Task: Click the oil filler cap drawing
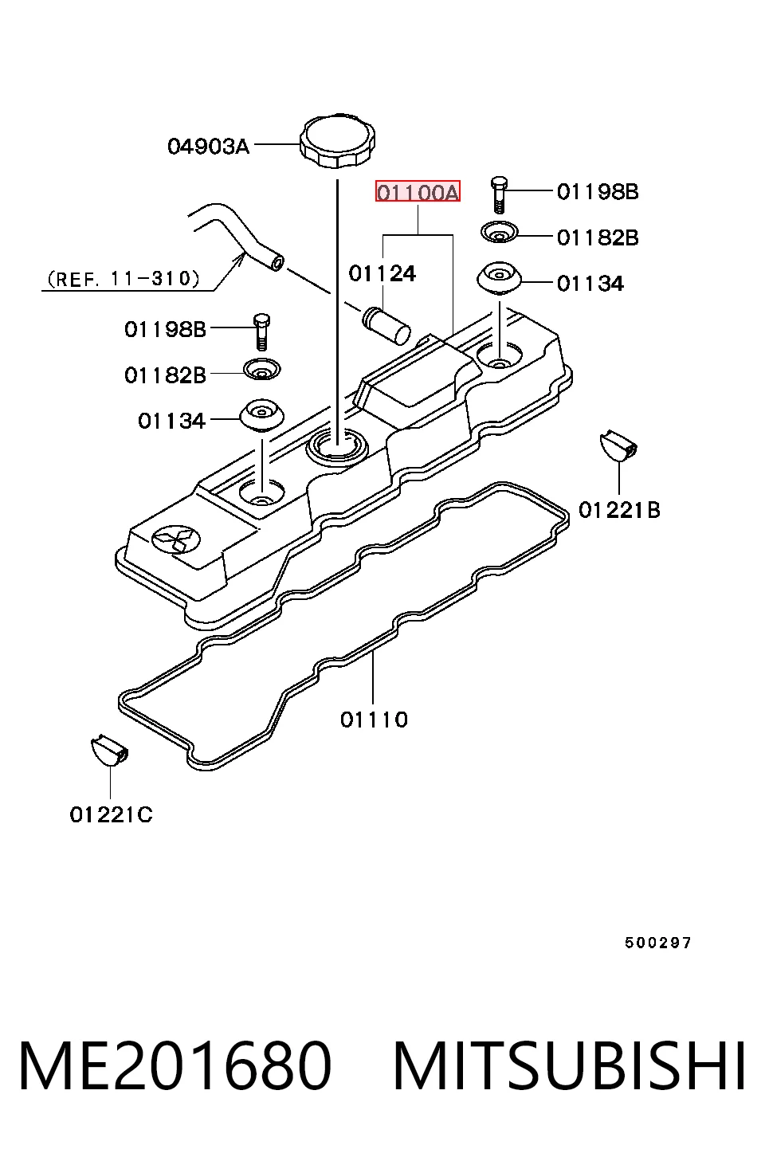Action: click(x=337, y=140)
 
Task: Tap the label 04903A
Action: click(x=208, y=147)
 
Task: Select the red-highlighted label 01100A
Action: click(x=418, y=191)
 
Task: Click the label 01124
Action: click(x=382, y=274)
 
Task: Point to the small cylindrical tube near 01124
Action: click(x=387, y=326)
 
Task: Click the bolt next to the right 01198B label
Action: click(x=499, y=194)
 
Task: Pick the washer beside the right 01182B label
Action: click(x=499, y=233)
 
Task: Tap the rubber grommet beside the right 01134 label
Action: click(x=499, y=280)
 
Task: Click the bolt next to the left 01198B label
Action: click(x=262, y=331)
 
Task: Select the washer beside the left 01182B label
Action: click(x=262, y=369)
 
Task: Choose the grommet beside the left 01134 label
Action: click(x=262, y=415)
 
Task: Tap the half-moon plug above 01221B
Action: click(x=618, y=445)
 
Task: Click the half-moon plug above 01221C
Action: click(x=109, y=751)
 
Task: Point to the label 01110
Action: click(x=374, y=720)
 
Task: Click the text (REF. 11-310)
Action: click(x=123, y=280)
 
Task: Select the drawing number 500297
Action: click(x=657, y=943)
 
